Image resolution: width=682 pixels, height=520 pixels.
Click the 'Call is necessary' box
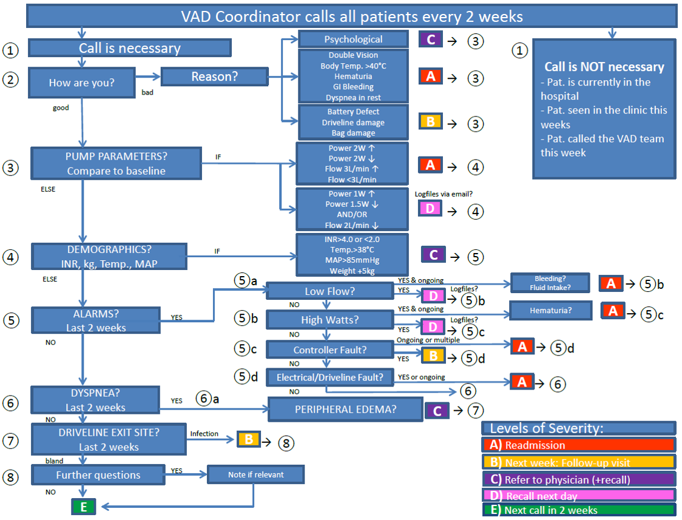click(129, 49)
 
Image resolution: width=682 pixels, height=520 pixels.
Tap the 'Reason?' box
click(214, 76)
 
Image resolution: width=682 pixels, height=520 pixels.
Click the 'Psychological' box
click(353, 39)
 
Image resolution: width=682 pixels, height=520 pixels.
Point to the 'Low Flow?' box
click(330, 291)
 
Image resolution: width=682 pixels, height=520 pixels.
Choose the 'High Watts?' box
click(330, 319)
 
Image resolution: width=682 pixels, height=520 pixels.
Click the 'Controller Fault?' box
click(330, 350)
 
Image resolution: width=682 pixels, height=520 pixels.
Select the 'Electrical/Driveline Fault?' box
click(330, 377)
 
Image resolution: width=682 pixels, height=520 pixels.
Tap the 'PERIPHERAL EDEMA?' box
click(345, 410)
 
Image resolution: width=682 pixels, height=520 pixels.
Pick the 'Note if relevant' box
click(255, 474)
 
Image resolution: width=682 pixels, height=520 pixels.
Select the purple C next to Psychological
click(431, 39)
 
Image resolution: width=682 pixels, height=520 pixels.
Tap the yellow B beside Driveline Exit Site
click(248, 440)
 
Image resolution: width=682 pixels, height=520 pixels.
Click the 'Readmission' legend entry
click(578, 445)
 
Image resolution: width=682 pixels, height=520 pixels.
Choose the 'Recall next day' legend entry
click(578, 496)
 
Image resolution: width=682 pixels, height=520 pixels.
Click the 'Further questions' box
click(98, 475)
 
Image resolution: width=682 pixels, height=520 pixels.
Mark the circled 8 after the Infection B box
click(285, 443)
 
